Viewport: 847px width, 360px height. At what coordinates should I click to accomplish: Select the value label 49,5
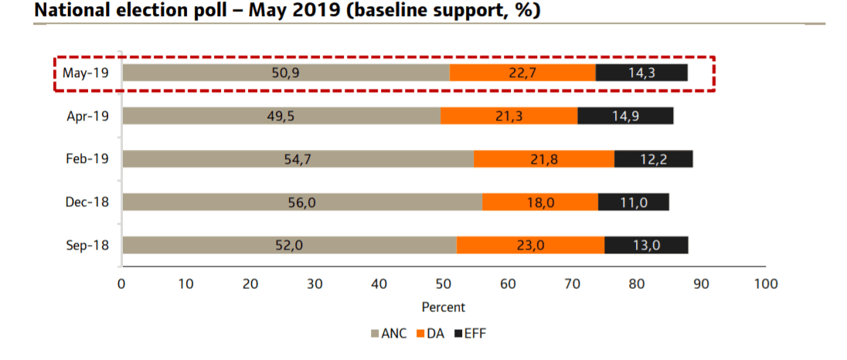[x=281, y=116]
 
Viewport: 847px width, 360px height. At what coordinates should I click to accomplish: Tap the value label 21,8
[x=543, y=159]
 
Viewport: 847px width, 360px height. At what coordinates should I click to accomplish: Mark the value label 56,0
[x=302, y=202]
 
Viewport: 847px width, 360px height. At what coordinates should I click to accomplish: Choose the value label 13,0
[x=645, y=245]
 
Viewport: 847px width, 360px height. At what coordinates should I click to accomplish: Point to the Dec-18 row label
[x=87, y=202]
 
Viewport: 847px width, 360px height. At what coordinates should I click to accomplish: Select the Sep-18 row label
[x=87, y=245]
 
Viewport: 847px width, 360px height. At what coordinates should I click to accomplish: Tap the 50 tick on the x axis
[x=443, y=284]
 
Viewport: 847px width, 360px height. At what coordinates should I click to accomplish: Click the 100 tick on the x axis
[x=765, y=284]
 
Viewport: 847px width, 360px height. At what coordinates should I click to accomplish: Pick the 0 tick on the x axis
[x=121, y=284]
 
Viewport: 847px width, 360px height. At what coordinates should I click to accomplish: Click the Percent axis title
[x=443, y=307]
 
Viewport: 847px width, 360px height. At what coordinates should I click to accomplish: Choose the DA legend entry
[x=431, y=334]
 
